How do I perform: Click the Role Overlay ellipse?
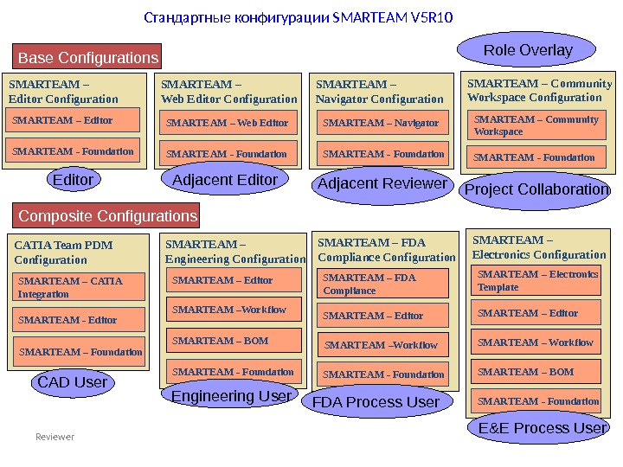527,50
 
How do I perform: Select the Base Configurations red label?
88,58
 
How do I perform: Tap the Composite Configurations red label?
107,215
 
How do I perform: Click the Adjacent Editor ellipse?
225,180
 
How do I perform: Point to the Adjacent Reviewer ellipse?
382,184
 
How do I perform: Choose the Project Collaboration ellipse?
537,189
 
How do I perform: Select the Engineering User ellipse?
231,396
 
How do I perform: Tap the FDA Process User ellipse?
376,402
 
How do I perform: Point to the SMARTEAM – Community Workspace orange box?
537,125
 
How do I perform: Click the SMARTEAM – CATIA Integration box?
78,287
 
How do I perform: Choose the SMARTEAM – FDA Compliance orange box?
383,284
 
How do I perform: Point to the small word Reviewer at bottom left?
55,437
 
